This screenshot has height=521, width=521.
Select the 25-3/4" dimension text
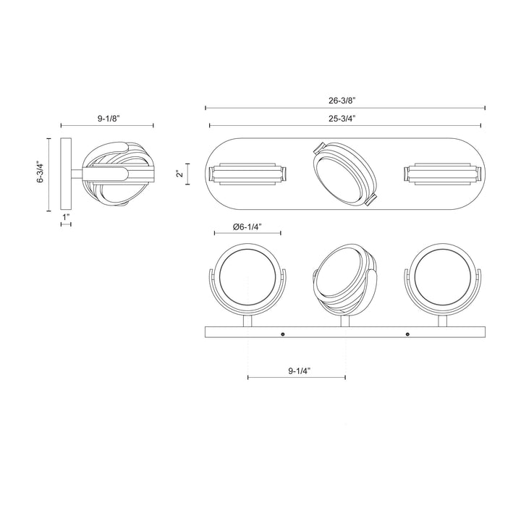pos(344,119)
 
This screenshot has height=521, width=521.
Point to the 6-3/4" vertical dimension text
pos(41,174)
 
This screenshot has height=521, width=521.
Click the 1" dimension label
pos(66,216)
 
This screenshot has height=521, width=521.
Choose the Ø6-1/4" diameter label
pos(247,226)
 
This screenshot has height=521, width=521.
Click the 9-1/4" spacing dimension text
pos(297,370)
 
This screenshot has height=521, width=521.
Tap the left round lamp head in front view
pos(247,277)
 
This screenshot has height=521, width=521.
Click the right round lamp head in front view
pos(442,277)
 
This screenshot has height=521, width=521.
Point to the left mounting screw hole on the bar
pos(281,334)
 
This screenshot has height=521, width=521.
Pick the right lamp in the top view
pos(443,174)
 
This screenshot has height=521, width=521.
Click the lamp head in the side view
pos(115,174)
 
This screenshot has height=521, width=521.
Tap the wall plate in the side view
pos(66,174)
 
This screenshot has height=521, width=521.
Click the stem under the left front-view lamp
pos(247,320)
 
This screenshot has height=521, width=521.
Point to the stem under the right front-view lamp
pos(442,320)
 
